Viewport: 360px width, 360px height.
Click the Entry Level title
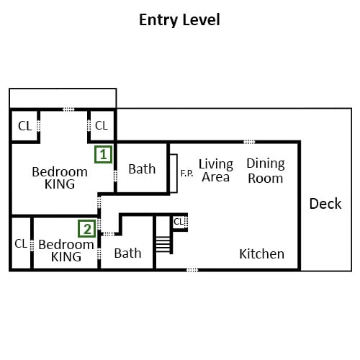pos(179,20)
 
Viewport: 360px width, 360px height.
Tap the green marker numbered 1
pos(103,154)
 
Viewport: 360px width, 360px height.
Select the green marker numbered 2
pos(87,229)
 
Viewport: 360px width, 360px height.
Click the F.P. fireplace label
pos(186,173)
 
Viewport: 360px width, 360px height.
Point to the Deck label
pos(325,204)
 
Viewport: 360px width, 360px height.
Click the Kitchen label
pos(261,253)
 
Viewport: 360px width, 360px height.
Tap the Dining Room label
pos(266,171)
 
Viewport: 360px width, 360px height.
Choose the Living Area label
pos(216,171)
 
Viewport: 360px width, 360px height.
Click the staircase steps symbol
pos(163,244)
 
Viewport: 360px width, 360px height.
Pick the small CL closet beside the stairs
pos(179,222)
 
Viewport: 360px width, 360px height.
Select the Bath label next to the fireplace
pos(142,168)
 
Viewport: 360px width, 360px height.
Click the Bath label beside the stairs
pos(127,253)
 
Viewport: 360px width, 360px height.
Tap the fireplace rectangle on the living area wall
pos(174,174)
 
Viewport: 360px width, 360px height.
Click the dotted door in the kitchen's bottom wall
pos(192,270)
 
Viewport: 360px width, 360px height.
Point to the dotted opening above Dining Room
pos(249,142)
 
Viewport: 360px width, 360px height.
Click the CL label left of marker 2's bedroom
pos(21,244)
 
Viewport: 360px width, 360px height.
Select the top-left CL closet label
pos(25,126)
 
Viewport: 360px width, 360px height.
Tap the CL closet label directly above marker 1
pos(102,125)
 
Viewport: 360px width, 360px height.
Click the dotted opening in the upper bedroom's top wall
pos(68,109)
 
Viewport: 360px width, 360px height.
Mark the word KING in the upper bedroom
pos(60,184)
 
